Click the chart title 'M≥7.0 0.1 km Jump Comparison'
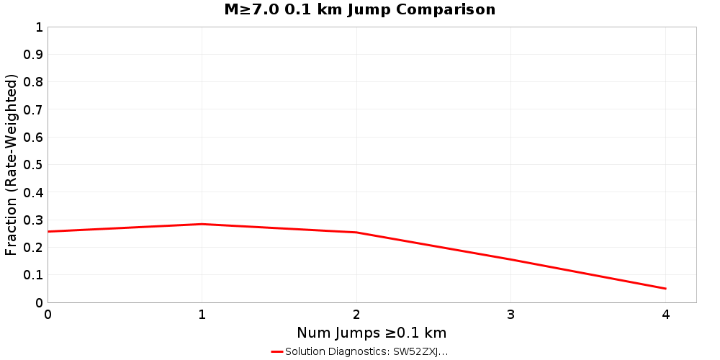pyautogui.click(x=359, y=10)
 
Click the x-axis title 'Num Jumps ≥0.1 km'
pyautogui.click(x=372, y=333)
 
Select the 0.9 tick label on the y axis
pyautogui.click(x=33, y=55)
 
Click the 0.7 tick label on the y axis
pyautogui.click(x=33, y=110)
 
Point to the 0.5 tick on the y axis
pyautogui.click(x=33, y=165)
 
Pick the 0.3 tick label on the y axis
pyautogui.click(x=33, y=220)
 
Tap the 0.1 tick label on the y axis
pyautogui.click(x=33, y=275)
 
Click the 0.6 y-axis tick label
pyautogui.click(x=33, y=138)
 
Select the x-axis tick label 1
pyautogui.click(x=202, y=315)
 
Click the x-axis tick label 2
pyautogui.click(x=356, y=315)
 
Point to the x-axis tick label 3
pyautogui.click(x=511, y=315)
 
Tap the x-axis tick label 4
pyautogui.click(x=665, y=315)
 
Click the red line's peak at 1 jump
pyautogui.click(x=202, y=224)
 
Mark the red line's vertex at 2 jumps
pyautogui.click(x=356, y=233)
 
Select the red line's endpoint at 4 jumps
pyautogui.click(x=665, y=289)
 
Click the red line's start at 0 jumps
pyautogui.click(x=48, y=231)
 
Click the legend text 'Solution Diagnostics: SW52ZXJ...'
pyautogui.click(x=366, y=352)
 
